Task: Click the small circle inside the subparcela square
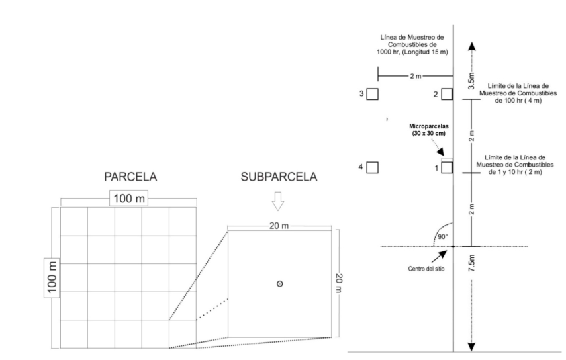tap(280, 283)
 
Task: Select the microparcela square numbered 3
tap(373, 94)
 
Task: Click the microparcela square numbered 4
tap(373, 167)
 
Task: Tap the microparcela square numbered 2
tap(447, 94)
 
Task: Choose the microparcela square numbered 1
tap(447, 167)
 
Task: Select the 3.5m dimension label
tap(471, 77)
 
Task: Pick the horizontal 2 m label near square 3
tap(415, 77)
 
